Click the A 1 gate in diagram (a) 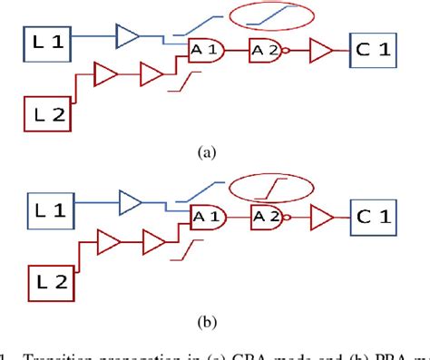pos(202,53)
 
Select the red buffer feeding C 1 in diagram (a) pos(320,53)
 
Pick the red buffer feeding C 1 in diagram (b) pos(320,217)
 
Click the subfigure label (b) pos(210,319)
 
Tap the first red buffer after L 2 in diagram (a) pos(105,72)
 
